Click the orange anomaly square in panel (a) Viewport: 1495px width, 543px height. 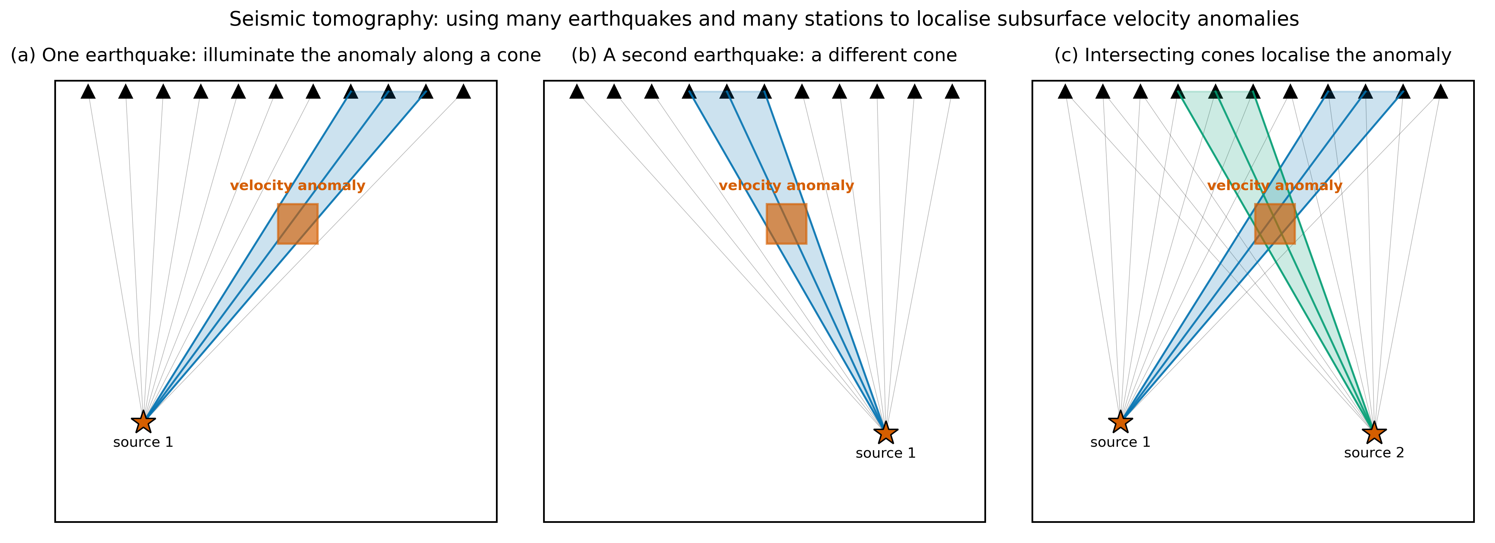point(298,223)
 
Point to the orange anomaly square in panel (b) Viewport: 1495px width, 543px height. point(786,223)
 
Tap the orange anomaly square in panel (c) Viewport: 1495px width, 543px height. point(1275,223)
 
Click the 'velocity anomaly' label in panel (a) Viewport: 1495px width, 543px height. point(298,186)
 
